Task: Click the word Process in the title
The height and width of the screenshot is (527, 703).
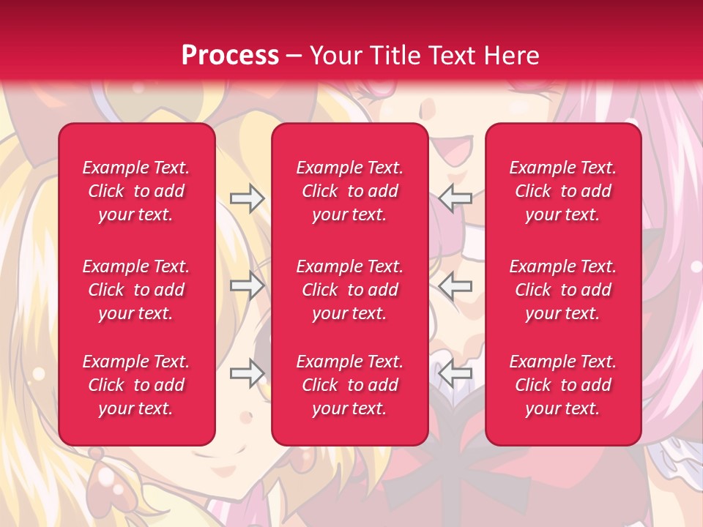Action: (230, 56)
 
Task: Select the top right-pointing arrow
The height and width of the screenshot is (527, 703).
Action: (247, 198)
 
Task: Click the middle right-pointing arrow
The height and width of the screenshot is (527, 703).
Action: (247, 285)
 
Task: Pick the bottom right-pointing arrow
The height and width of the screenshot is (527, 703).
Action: (247, 373)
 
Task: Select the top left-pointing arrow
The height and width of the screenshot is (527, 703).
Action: (455, 198)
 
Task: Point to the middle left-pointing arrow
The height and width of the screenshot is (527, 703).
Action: (455, 285)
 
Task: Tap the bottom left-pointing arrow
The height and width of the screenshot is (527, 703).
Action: (455, 373)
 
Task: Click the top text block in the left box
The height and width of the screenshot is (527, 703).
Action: (136, 191)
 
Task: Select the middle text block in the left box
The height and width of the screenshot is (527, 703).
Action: (136, 290)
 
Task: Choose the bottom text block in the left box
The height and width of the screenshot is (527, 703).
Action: (136, 385)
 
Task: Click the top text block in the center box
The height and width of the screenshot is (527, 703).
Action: (350, 191)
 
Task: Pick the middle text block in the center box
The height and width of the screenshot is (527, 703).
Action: (350, 290)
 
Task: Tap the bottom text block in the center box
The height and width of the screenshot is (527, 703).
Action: (350, 385)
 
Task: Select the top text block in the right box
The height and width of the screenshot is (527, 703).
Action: (563, 191)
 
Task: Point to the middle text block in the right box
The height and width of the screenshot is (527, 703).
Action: (563, 290)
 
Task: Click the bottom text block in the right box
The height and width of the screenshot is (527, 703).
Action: (563, 385)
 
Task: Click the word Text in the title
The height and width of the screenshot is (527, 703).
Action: (451, 56)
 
